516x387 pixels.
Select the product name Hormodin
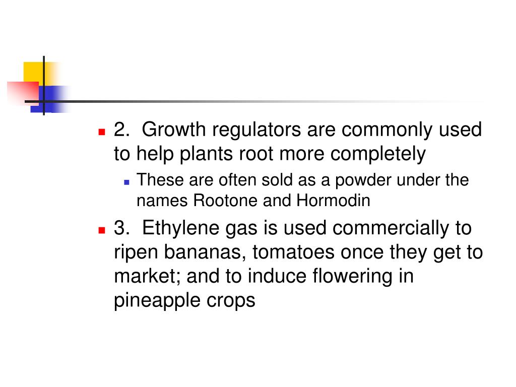[333, 201]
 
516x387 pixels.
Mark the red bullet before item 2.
[101, 132]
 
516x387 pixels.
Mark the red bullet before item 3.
[101, 229]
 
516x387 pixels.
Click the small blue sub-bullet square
[127, 181]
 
